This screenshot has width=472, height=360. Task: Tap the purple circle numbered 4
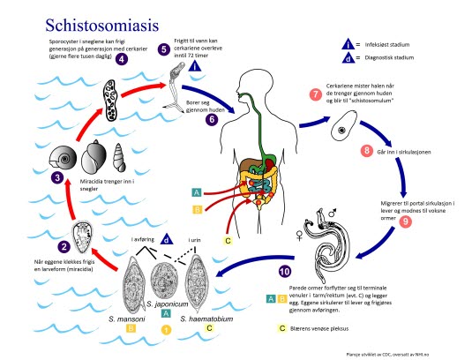pos(122,59)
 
